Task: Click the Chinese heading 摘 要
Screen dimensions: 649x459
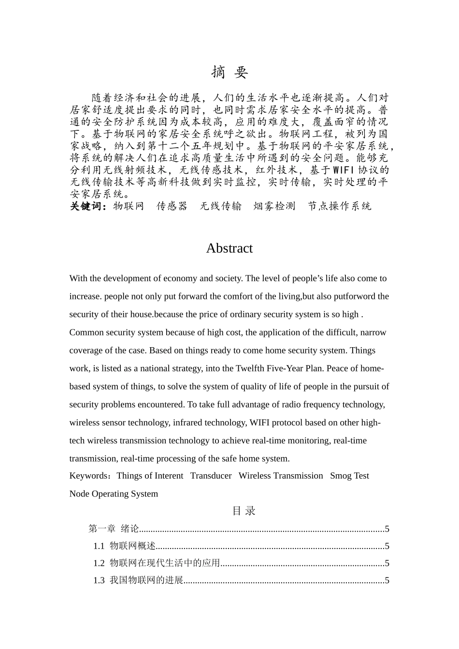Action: [x=229, y=72]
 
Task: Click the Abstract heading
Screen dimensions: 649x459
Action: [x=229, y=248]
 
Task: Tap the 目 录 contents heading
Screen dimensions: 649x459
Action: [x=244, y=511]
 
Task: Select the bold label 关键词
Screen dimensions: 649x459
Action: [x=87, y=206]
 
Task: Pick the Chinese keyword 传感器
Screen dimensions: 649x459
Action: [x=172, y=206]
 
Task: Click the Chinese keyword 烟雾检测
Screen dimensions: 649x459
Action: [x=274, y=206]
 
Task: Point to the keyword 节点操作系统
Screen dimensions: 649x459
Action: [x=340, y=206]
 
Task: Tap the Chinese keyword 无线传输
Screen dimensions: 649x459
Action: [x=221, y=206]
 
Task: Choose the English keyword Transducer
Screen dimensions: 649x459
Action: [x=211, y=476]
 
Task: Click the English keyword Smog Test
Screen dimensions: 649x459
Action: [x=349, y=476]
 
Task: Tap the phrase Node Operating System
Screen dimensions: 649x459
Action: [x=114, y=494]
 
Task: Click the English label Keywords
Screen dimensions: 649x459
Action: [x=90, y=476]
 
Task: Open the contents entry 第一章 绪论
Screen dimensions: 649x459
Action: [x=114, y=529]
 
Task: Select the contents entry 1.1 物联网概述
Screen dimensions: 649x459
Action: [x=125, y=546]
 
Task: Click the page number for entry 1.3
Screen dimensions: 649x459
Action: [x=387, y=580]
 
